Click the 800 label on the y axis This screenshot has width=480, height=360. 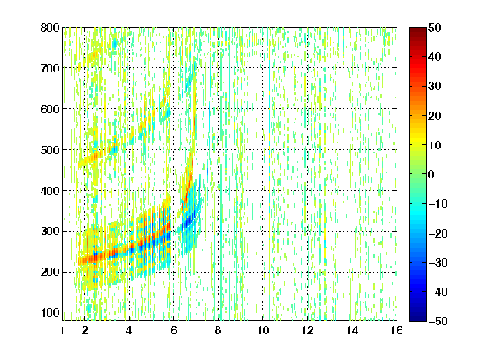pos(50,27)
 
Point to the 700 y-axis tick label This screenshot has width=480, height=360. pos(50,68)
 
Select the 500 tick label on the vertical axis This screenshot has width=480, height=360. pos(50,150)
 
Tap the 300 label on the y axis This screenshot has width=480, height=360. pos(50,231)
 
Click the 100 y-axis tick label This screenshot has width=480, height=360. pos(50,312)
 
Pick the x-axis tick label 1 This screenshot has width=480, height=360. pos(62,330)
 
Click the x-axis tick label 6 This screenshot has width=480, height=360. pos(173,330)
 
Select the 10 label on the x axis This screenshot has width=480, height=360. pos(263,330)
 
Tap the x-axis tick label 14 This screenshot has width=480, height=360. pos(352,330)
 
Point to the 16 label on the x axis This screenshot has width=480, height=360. pos(397,330)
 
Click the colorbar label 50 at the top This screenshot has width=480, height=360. pos(434,27)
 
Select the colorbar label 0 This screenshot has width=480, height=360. pos(432,174)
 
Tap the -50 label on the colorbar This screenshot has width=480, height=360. pos(438,321)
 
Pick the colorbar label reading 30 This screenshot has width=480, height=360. pos(434,87)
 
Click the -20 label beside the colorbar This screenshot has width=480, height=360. pos(438,233)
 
